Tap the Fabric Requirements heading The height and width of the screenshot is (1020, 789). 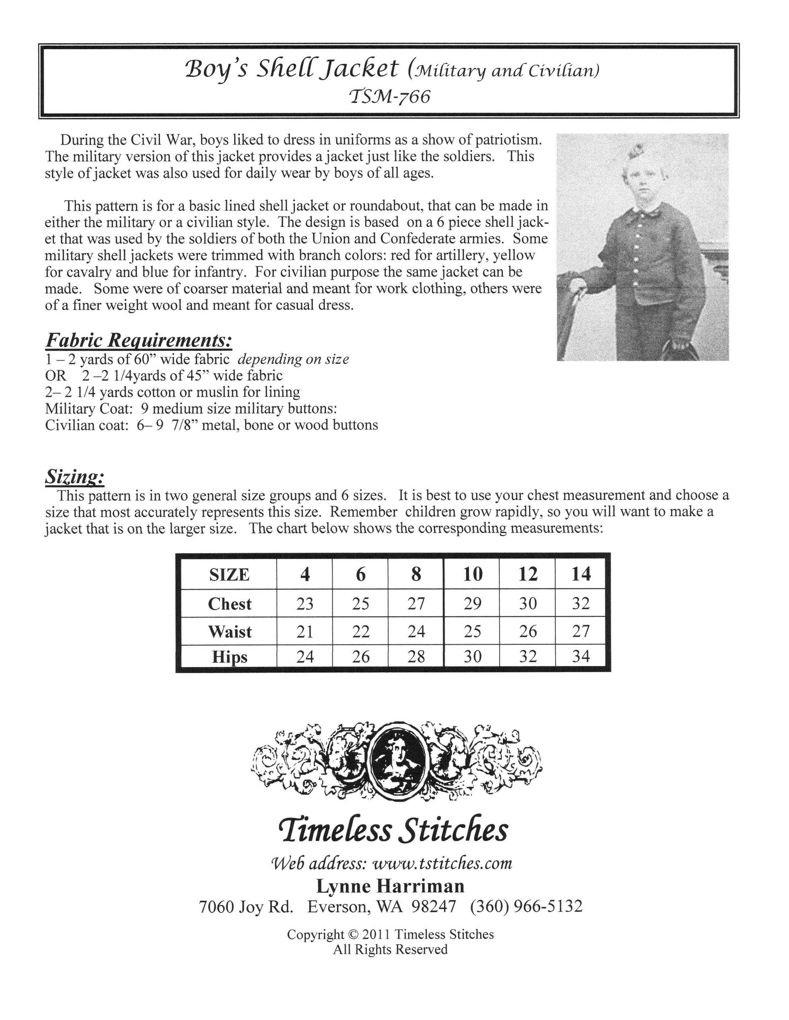click(139, 340)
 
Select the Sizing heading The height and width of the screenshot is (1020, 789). click(74, 477)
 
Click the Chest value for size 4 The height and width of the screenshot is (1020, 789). click(305, 603)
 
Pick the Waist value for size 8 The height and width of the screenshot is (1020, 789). click(416, 631)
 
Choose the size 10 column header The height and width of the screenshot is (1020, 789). click(472, 574)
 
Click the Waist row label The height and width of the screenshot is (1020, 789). click(229, 632)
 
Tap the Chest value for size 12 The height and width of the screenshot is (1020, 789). click(527, 603)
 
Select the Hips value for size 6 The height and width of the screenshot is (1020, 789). click(360, 656)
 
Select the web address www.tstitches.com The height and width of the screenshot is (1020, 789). click(442, 863)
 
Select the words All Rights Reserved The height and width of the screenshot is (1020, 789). click(390, 950)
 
